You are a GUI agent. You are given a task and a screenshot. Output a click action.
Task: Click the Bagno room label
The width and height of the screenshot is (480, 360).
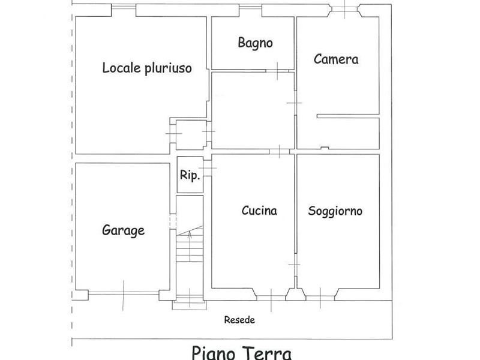[256, 43]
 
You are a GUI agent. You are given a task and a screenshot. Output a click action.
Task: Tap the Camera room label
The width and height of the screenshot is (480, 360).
[336, 59]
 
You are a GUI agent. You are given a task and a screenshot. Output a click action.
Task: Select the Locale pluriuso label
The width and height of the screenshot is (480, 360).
[147, 68]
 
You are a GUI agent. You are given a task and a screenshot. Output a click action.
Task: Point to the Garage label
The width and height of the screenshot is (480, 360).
[124, 230]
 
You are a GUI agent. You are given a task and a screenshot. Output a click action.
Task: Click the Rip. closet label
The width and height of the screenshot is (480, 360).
[190, 175]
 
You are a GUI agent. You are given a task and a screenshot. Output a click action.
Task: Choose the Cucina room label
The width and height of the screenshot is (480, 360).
[259, 211]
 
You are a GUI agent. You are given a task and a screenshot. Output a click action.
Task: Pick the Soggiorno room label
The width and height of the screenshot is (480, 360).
[335, 211]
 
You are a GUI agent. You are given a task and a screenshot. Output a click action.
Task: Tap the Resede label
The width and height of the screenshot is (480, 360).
[239, 320]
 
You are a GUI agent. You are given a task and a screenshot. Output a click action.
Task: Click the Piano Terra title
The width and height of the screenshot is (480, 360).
[242, 352]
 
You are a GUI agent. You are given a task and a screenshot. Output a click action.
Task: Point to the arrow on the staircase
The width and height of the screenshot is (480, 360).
[190, 247]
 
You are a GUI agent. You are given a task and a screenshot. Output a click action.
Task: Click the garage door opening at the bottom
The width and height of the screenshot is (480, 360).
[124, 293]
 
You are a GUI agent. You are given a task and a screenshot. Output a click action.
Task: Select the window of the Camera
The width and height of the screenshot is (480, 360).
[345, 9]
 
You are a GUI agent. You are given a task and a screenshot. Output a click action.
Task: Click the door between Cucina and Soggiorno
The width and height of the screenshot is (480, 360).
[295, 265]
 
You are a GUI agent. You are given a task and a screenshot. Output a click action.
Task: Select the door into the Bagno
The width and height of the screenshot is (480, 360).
[277, 71]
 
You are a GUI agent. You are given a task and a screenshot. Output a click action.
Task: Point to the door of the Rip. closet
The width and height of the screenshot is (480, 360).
[207, 168]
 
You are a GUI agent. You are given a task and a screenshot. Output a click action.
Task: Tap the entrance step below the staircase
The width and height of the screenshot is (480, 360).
[189, 305]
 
